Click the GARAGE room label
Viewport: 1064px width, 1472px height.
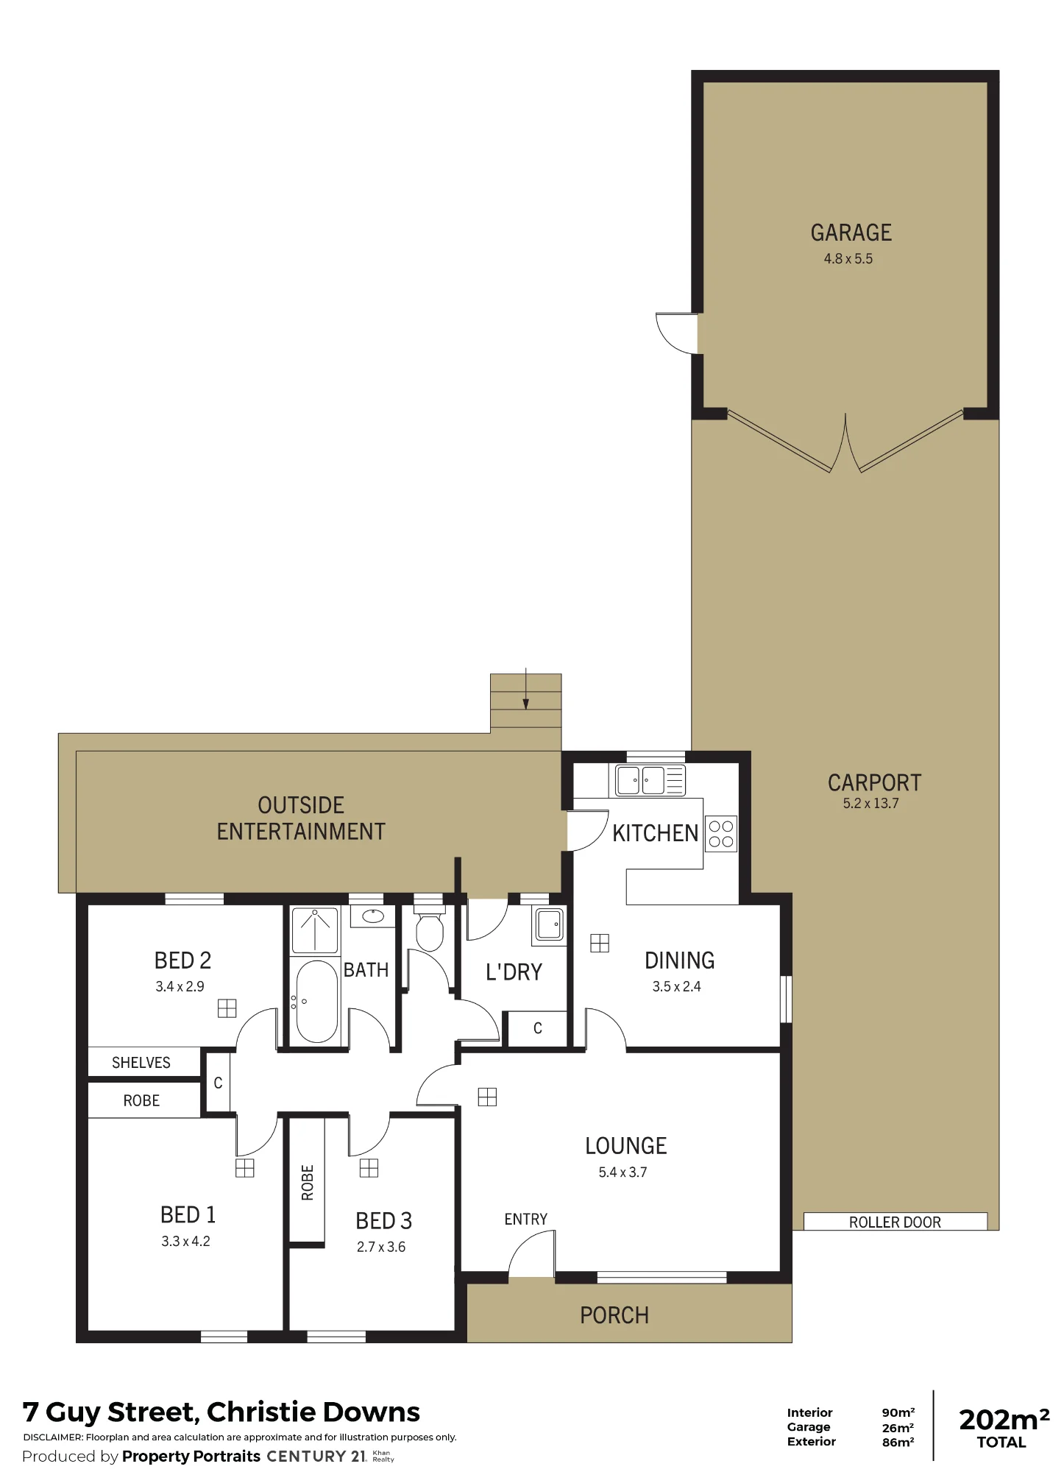pos(851,233)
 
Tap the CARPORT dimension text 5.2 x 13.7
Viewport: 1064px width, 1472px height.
pos(870,803)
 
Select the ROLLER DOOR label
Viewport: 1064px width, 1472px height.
pos(895,1222)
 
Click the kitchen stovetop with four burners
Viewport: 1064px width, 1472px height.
pos(721,834)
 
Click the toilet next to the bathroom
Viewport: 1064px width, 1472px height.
pos(430,930)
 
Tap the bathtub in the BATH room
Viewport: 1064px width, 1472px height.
pos(317,1001)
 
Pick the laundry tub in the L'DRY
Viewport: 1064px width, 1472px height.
pos(548,924)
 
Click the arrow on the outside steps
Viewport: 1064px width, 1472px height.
pos(525,689)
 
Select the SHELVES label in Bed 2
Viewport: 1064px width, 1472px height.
pos(141,1063)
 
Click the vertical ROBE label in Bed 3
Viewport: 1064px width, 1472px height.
pos(308,1182)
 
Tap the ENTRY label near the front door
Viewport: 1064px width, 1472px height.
pos(525,1220)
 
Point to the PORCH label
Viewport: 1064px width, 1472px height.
pos(614,1315)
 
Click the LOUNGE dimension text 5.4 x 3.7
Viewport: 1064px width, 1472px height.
pos(623,1172)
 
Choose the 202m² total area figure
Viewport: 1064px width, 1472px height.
pos(1004,1419)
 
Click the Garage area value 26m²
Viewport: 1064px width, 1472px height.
pos(898,1428)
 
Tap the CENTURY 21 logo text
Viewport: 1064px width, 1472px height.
pos(316,1456)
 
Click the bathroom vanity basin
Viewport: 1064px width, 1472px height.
pos(372,916)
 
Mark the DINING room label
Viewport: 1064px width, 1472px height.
pos(679,960)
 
